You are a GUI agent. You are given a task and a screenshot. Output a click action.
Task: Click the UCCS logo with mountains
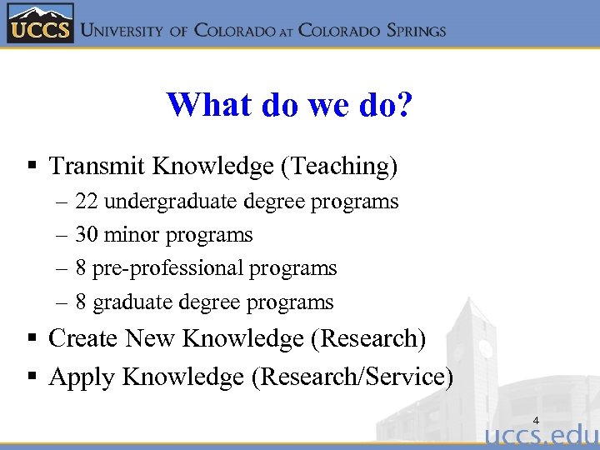(x=40, y=22)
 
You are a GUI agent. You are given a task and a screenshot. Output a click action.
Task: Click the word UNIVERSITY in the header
(x=125, y=31)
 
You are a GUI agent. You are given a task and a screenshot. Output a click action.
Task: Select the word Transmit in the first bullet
(x=97, y=167)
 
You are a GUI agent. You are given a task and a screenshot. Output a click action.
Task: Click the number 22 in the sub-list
(x=87, y=202)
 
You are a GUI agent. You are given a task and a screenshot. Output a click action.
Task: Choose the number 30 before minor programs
(x=87, y=235)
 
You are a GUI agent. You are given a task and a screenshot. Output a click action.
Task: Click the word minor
(x=132, y=235)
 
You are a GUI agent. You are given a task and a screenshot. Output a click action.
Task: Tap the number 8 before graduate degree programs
(x=81, y=302)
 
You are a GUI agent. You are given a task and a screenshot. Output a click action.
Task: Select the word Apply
(x=82, y=377)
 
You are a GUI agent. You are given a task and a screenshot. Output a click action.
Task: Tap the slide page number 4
(x=536, y=420)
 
